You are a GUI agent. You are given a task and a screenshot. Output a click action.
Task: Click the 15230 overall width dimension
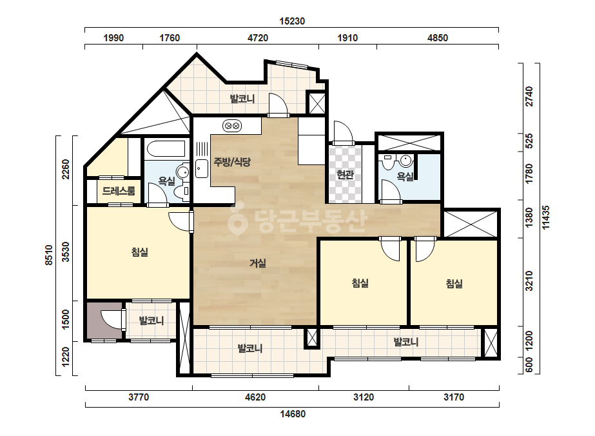pos(292,21)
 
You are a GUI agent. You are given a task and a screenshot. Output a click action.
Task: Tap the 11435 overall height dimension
pos(545,217)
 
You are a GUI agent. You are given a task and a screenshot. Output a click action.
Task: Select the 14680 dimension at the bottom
pos(293,413)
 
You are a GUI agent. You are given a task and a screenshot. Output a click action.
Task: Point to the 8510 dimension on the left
pos(49,255)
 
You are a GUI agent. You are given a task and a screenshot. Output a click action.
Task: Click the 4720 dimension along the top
pos(258,38)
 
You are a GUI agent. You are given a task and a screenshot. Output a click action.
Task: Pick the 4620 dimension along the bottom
pos(255,397)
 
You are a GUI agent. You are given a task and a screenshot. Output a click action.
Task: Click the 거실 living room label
pos(258,263)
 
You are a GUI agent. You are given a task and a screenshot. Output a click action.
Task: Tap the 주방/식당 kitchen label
pos(232,162)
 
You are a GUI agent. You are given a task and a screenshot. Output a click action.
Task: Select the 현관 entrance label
pos(345,175)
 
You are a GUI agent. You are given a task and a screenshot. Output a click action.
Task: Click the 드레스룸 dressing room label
pos(119,191)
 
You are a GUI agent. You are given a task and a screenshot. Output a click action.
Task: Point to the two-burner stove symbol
pos(232,125)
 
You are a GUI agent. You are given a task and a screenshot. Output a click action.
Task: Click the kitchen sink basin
pos(202,168)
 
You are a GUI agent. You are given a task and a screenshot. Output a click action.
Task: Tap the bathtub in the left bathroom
pos(166,148)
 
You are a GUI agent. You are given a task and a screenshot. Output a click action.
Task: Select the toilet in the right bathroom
pos(388,162)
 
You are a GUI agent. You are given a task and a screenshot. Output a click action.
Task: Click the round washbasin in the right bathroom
pos(406,161)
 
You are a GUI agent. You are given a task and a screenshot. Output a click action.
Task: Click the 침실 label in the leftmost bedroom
pos(140,252)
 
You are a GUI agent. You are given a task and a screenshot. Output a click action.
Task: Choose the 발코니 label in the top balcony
pos(242,99)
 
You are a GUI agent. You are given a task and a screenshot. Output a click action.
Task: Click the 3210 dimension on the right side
pos(529,281)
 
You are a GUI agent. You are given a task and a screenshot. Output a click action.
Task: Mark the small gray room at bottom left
pos(104,320)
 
